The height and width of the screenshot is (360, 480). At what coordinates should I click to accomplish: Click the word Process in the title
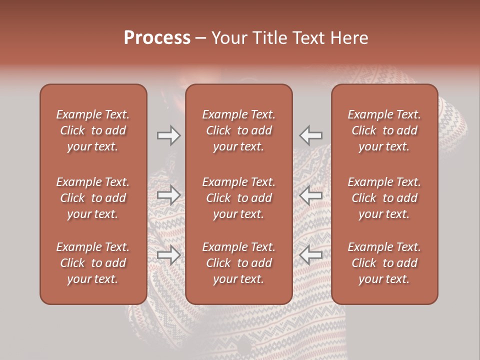click(157, 38)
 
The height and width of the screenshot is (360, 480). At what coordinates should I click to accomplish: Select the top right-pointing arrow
click(168, 135)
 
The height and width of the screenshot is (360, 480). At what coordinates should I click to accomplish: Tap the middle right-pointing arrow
click(168, 195)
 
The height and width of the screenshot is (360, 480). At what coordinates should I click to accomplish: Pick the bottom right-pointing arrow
click(168, 255)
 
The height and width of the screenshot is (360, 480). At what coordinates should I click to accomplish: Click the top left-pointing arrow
click(311, 135)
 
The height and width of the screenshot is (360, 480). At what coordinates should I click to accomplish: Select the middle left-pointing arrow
click(311, 195)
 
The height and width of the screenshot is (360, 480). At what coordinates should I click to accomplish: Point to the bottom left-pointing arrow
click(311, 255)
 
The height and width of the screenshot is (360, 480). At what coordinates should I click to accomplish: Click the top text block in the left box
click(93, 130)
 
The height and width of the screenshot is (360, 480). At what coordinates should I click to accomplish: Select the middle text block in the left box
click(93, 198)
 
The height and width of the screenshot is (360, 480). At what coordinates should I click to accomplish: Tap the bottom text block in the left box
click(93, 263)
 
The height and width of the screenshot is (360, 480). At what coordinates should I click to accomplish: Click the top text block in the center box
click(238, 130)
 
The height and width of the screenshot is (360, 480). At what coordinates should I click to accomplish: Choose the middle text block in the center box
click(238, 198)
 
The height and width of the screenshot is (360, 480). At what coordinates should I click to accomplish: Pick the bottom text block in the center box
click(238, 263)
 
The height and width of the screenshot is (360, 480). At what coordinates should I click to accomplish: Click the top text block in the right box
click(384, 130)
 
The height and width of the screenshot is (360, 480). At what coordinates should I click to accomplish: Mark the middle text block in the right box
click(384, 198)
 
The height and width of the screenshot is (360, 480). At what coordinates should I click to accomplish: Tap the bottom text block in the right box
click(384, 263)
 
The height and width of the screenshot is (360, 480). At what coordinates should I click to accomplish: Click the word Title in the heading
click(270, 38)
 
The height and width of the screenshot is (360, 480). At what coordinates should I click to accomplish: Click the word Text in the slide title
click(308, 38)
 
